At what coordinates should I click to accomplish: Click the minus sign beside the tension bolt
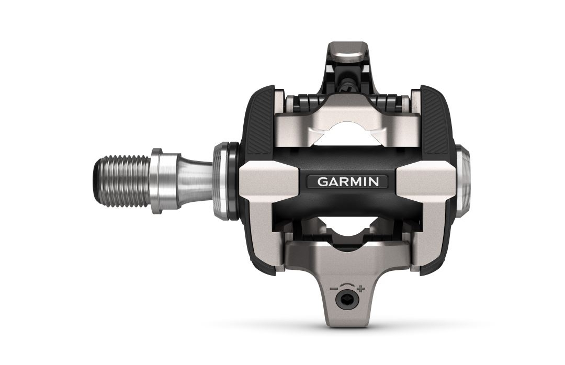pyautogui.click(x=333, y=287)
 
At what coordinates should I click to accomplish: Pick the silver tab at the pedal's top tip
pyautogui.click(x=346, y=52)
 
